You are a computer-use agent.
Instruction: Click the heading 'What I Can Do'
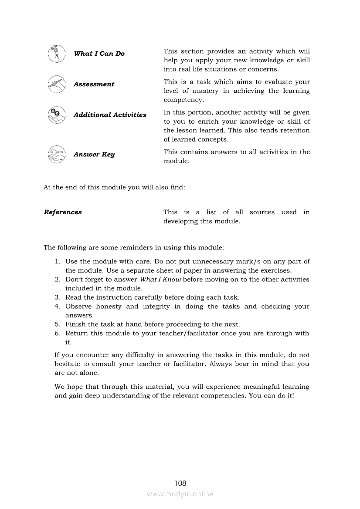point(99,54)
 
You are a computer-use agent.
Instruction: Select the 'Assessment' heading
point(94,84)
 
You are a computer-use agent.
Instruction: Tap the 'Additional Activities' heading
point(110,115)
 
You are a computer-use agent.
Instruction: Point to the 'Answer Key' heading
point(94,155)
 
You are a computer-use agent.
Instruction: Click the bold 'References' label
point(63,212)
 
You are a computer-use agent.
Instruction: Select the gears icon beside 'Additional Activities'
point(56,115)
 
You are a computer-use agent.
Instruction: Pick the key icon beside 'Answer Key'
point(56,155)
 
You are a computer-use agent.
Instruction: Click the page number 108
point(180,483)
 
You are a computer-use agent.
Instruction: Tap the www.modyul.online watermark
point(180,494)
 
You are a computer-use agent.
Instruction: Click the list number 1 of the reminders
point(57,262)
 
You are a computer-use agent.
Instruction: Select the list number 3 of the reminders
point(57,297)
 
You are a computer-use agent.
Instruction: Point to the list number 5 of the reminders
point(57,324)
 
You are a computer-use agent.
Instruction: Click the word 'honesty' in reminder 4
point(109,307)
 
